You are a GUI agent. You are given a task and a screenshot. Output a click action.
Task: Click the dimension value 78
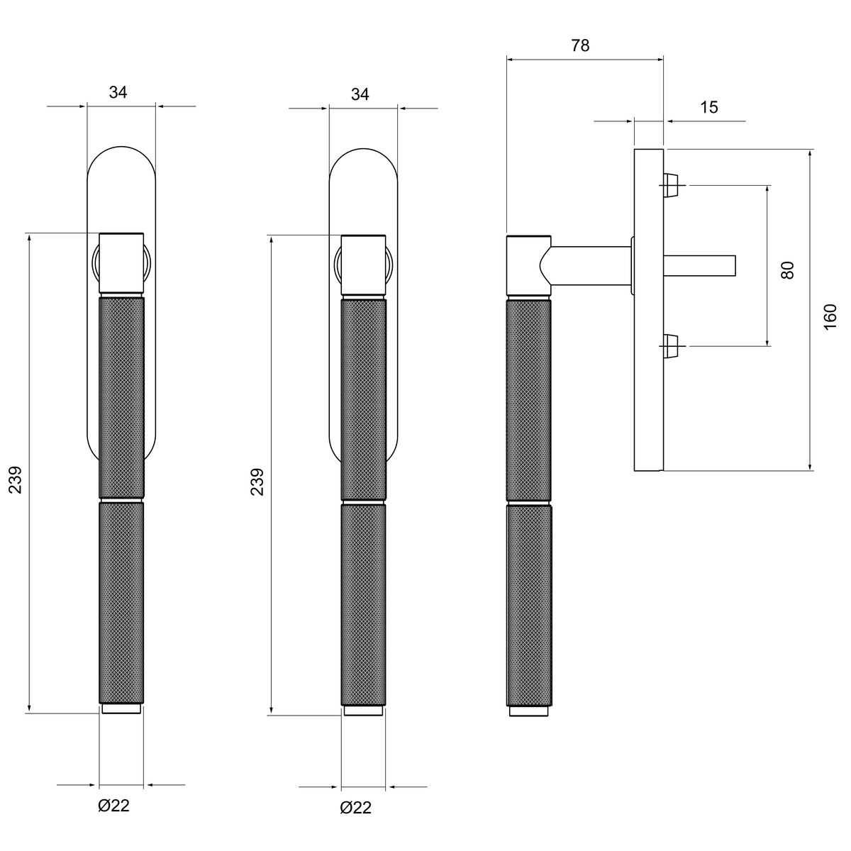pos(580,45)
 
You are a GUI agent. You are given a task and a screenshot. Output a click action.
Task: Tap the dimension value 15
pos(708,107)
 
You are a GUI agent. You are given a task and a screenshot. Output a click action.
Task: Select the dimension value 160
pos(830,316)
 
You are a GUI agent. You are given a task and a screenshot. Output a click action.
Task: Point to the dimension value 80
pos(787,270)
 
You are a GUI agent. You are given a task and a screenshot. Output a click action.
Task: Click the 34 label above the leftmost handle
pos(118,92)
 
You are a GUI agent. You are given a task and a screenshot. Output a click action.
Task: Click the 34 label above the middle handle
pos(360,94)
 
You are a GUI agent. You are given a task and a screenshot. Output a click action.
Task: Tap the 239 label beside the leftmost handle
pos(15,480)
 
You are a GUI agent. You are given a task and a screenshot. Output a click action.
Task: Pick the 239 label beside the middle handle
pos(257,482)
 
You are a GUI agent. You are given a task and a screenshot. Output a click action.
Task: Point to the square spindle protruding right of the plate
pos(699,265)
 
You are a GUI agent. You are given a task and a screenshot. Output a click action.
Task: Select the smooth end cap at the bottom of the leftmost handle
pos(121,708)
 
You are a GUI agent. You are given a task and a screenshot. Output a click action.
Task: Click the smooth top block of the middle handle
pos(363,265)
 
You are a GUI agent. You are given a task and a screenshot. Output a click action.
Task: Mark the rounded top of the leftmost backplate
pos(121,147)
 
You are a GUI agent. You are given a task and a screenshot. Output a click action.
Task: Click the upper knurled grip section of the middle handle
pos(364,400)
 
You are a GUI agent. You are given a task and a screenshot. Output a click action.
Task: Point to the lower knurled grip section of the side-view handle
pos(528,606)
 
